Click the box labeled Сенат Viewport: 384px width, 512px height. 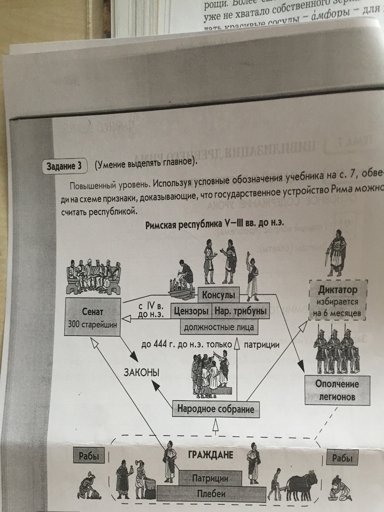pos(92,317)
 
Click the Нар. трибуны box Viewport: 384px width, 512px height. pos(240,311)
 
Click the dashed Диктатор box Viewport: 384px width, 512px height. pos(337,301)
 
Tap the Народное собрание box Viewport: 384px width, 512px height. pos(216,409)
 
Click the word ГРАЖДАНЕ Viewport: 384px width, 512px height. pos(210,455)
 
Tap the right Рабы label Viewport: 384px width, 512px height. pos(342,459)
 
